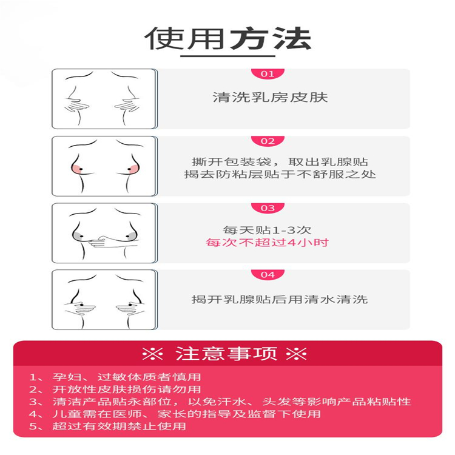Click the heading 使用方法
(x=227, y=38)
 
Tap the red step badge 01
(x=268, y=74)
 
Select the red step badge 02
(x=268, y=141)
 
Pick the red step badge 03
(x=268, y=208)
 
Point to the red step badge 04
(x=268, y=275)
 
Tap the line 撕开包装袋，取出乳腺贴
(x=280, y=163)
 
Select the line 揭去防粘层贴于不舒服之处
(x=280, y=175)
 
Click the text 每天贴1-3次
(x=267, y=230)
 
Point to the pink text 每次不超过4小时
(x=267, y=243)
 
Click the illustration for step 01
(x=104, y=98)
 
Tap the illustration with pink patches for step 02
(x=104, y=166)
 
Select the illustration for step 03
(x=104, y=232)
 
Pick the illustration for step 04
(x=104, y=299)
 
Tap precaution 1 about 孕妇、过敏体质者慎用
(x=115, y=377)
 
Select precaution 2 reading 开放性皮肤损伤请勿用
(x=115, y=389)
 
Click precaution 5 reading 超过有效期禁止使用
(x=109, y=426)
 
